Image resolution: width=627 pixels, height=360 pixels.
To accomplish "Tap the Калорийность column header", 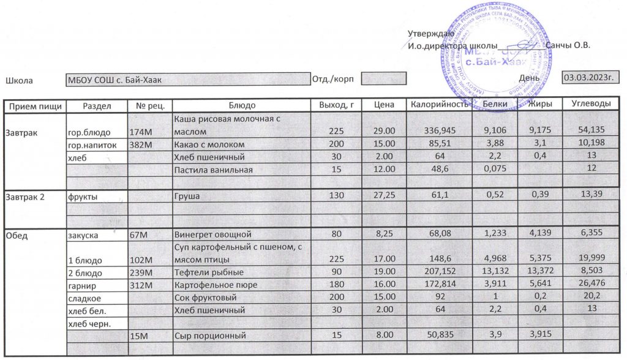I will [x=439, y=105].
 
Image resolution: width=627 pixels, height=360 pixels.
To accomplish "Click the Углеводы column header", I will [x=591, y=104].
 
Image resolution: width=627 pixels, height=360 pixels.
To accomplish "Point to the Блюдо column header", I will [x=241, y=105].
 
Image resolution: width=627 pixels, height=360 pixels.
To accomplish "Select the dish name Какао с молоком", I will [x=210, y=144].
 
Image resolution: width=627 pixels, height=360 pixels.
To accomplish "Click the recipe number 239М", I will [x=141, y=273].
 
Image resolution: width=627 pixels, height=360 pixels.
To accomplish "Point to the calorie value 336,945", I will [x=440, y=130].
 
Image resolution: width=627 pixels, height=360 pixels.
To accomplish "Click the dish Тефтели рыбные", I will [x=209, y=273].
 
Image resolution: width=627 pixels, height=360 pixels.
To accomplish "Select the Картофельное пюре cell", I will [x=216, y=285].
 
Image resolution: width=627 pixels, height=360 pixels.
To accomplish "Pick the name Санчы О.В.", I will [x=568, y=46].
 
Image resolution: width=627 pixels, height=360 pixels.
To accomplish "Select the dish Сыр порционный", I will [x=210, y=336].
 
